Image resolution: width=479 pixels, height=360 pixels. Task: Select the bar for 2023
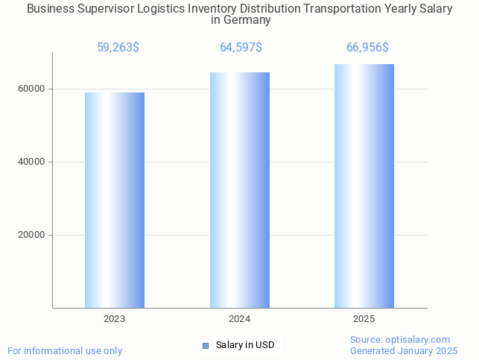point(114,200)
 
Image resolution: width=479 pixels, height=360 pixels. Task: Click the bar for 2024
point(239,190)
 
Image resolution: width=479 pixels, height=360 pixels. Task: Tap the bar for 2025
point(364,186)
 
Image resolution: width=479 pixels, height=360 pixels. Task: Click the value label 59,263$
point(118,48)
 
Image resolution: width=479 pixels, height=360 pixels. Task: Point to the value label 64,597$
point(241,48)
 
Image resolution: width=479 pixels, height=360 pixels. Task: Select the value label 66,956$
point(367,48)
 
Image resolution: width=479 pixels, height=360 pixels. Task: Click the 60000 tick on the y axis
point(32,89)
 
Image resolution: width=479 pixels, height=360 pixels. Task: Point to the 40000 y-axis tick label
point(32,162)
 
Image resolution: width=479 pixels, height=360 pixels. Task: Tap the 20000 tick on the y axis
point(32,235)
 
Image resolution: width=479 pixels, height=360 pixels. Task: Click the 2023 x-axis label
point(114,319)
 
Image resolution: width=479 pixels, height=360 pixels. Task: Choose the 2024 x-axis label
point(239,319)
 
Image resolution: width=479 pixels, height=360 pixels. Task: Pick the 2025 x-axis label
point(364,319)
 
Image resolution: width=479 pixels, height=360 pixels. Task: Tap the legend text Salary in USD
point(245,345)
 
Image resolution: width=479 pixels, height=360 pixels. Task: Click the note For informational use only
point(65,350)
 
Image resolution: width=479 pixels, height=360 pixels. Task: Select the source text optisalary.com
point(417,339)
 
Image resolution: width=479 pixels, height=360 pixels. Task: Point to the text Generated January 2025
point(404,350)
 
